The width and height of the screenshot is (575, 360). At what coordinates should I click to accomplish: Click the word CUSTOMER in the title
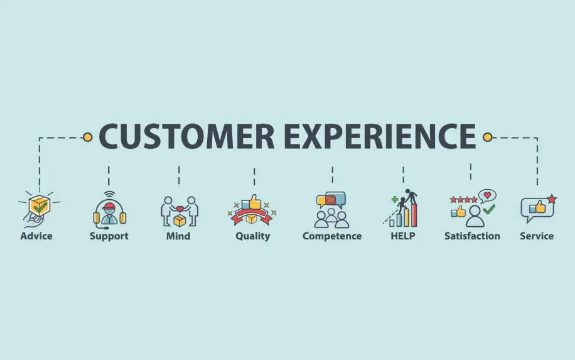tap(186, 136)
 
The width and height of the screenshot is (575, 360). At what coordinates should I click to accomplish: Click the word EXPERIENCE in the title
tap(380, 136)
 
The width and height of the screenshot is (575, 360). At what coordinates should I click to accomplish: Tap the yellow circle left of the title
tap(87, 137)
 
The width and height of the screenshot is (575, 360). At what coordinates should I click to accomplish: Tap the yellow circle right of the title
tap(487, 137)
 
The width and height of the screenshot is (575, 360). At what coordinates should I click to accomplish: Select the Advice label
tap(36, 236)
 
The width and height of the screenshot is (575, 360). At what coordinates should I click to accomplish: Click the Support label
tap(109, 236)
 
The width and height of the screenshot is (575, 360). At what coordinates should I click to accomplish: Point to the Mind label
tap(178, 236)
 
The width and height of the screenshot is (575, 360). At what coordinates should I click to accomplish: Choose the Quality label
tap(253, 236)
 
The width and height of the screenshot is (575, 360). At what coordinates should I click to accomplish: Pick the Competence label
tap(332, 236)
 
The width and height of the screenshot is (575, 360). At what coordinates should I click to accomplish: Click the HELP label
tap(403, 236)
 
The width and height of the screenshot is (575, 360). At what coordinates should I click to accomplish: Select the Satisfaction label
tap(472, 236)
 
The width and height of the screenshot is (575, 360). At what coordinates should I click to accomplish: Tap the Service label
tap(537, 236)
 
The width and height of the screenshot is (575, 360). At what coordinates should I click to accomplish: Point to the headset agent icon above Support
tap(109, 212)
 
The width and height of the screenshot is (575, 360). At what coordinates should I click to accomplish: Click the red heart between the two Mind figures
tap(180, 209)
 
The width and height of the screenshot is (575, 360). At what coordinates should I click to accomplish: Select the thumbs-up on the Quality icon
tap(255, 202)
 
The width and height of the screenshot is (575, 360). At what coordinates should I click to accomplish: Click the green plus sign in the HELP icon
tap(395, 200)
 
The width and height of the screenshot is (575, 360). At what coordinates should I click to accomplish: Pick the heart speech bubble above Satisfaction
tap(487, 195)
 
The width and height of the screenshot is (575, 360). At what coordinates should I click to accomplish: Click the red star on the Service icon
tap(552, 199)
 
